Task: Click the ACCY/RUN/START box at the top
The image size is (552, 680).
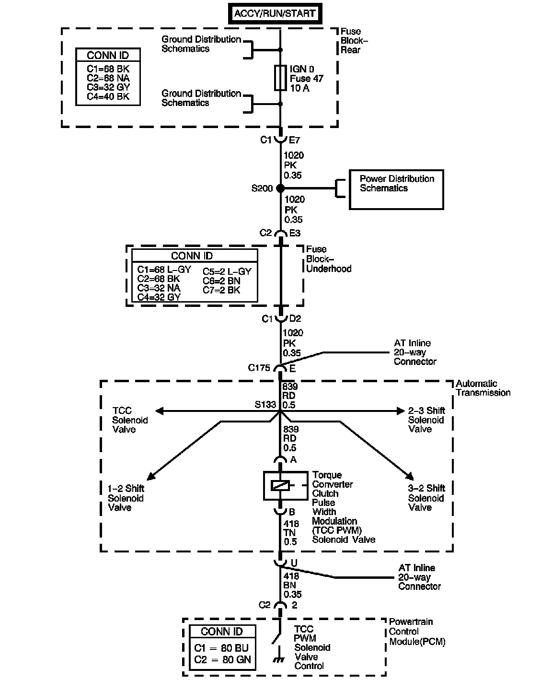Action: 275,13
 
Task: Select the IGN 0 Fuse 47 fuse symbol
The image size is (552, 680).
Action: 280,78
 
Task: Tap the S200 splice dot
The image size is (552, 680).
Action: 281,188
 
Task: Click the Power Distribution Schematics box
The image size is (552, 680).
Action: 396,189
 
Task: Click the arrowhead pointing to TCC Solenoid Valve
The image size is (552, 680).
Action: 159,411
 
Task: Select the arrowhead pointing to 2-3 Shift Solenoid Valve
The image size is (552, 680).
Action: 401,411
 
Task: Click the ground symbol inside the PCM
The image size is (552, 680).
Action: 277,659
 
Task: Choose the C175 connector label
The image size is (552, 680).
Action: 259,368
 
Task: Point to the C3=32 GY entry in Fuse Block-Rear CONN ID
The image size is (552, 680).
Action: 108,87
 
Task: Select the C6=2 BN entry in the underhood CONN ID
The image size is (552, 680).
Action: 221,281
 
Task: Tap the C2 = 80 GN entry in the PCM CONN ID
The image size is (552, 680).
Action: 222,660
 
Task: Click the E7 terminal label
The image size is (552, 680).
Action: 295,140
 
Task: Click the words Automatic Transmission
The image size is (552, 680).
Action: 483,388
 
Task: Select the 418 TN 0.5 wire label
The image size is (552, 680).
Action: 291,532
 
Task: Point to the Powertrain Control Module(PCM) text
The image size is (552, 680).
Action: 416,632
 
